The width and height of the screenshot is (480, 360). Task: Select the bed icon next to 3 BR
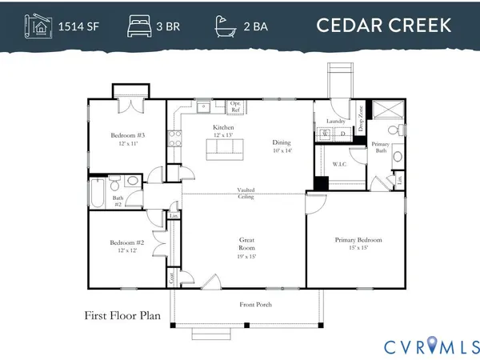[138, 26]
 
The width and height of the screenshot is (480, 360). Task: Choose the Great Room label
[246, 243]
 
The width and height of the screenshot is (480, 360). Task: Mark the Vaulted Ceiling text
[246, 193]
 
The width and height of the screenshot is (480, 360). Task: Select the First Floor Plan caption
[122, 315]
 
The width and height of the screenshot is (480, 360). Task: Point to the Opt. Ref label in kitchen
[235, 106]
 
